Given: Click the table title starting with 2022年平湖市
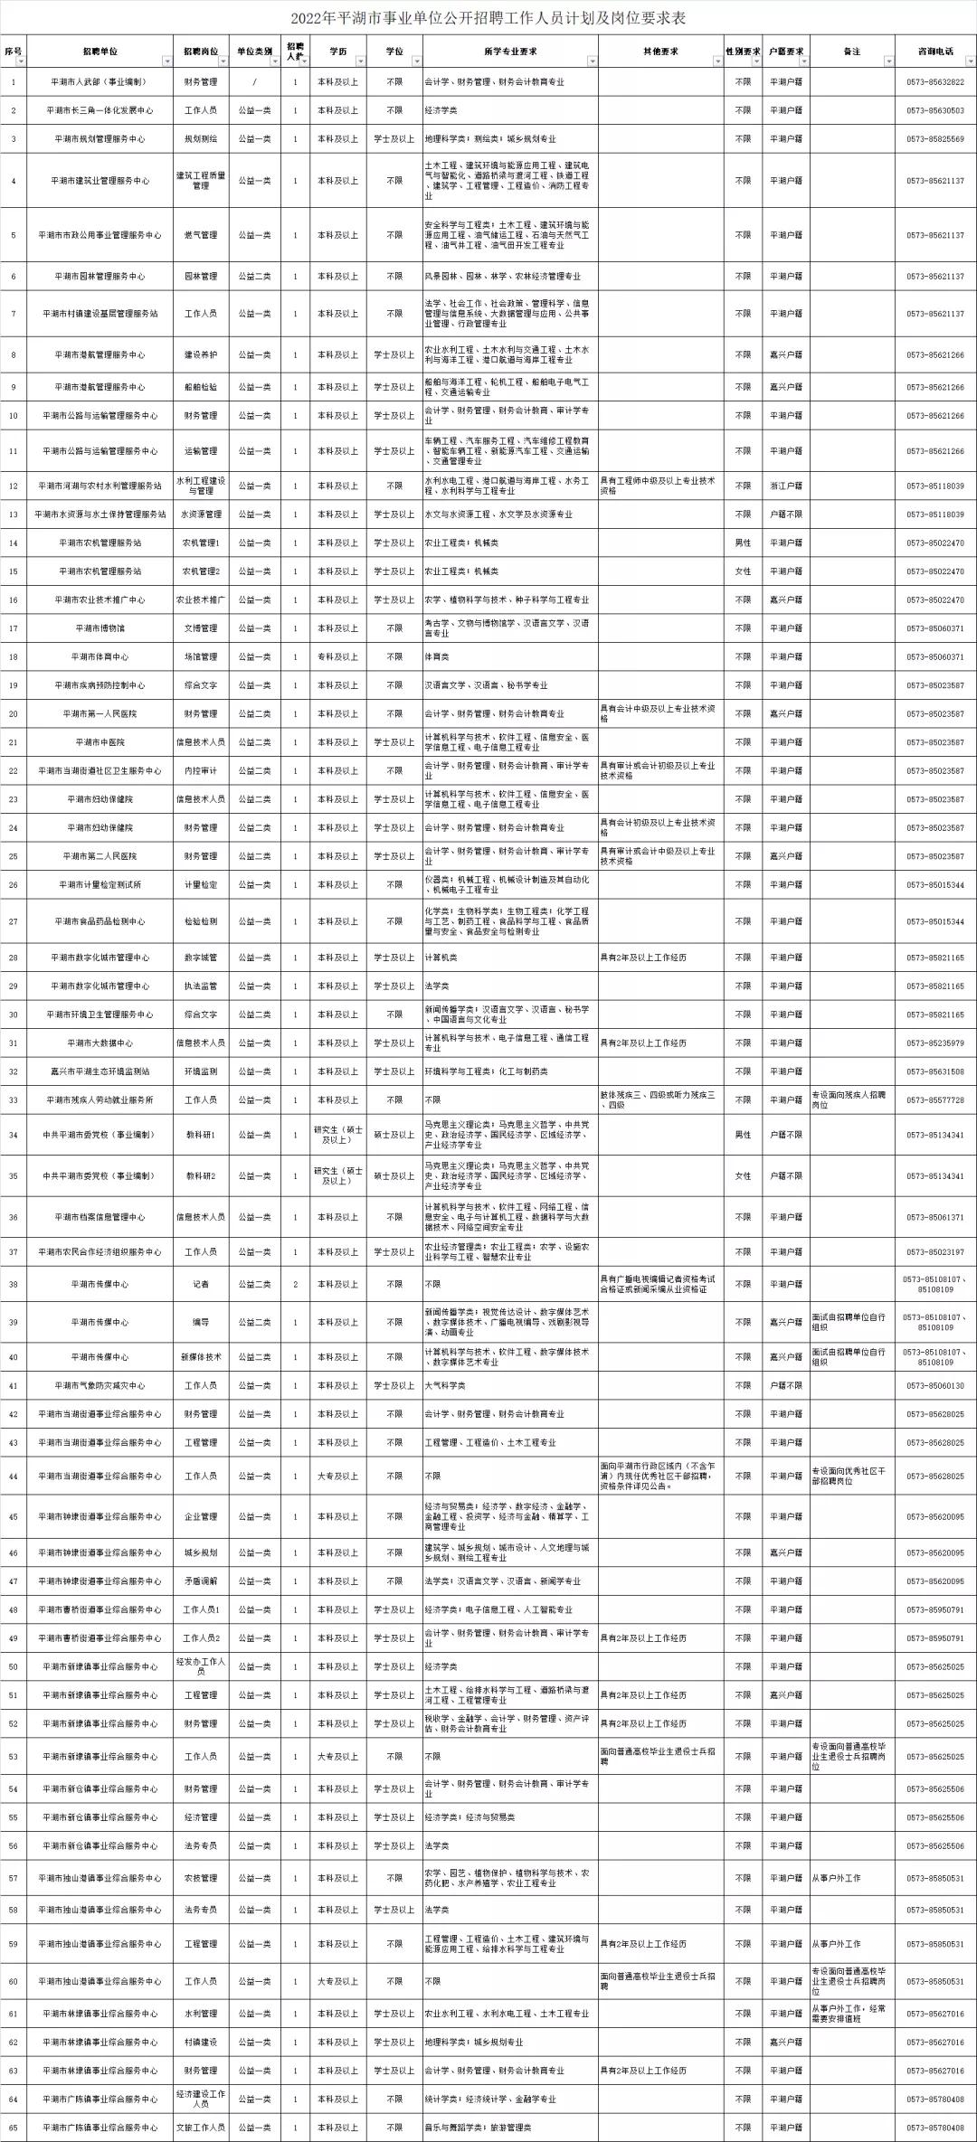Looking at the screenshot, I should (x=488, y=17).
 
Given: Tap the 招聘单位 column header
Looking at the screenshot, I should (x=99, y=52).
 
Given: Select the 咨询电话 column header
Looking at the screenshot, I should (x=934, y=52).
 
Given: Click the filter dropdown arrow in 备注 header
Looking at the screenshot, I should (x=888, y=61).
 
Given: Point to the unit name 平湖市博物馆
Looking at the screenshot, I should (x=100, y=628).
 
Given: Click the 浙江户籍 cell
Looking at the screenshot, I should (x=785, y=486).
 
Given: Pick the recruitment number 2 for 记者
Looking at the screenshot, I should (x=295, y=1284).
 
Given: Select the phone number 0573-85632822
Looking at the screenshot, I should (x=934, y=82).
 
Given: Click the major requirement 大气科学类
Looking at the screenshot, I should (x=445, y=1385).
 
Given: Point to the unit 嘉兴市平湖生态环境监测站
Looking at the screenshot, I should (x=100, y=1071).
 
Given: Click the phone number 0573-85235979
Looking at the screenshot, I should (x=934, y=1043).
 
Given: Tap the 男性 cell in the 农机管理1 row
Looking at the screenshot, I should (x=742, y=543).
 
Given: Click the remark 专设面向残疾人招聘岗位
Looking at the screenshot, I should (x=850, y=1099).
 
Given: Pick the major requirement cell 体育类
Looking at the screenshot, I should (x=437, y=656).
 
